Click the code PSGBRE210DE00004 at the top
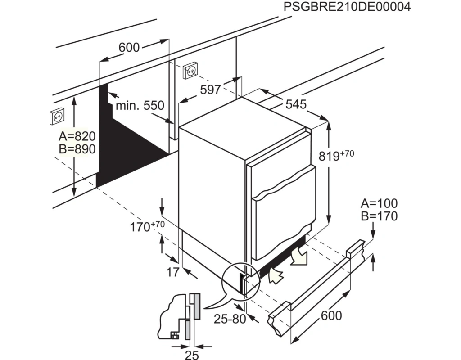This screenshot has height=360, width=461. tap(347, 7)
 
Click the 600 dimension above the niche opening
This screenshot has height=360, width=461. tap(129, 47)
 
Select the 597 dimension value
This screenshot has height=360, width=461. tap(210, 90)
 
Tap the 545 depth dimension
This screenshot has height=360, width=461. tap(296, 104)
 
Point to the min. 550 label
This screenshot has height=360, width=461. tap(140, 105)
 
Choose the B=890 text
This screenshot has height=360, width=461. tap(77, 149)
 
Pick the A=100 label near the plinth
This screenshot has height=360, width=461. tap(379, 203)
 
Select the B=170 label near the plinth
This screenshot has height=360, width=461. tap(379, 216)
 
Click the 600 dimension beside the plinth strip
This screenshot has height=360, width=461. tap(331, 315)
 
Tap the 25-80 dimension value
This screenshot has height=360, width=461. tap(230, 319)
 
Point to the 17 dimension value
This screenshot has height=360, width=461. tap(173, 272)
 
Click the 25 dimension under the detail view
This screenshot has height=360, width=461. tap(192, 355)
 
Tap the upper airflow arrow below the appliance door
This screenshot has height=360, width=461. tap(298, 256)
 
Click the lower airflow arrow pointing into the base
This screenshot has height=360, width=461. tap(276, 275)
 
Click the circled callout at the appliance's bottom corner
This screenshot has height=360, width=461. tap(241, 281)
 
